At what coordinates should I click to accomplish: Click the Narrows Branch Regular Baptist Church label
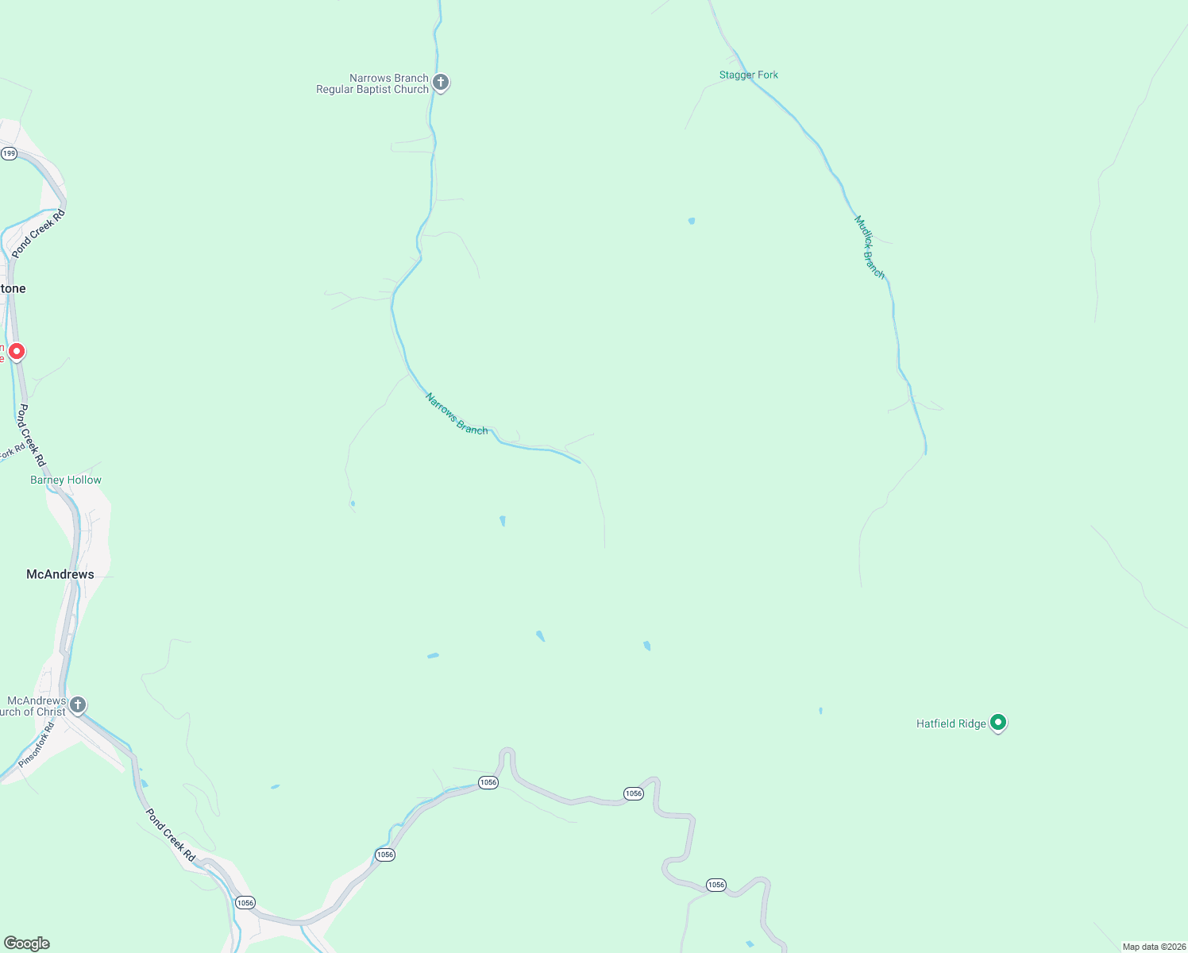(372, 83)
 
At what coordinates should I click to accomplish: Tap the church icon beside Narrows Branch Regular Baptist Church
(441, 82)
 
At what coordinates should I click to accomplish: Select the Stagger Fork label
(749, 75)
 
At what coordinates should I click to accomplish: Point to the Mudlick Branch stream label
(869, 247)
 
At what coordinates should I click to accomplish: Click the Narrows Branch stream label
(457, 414)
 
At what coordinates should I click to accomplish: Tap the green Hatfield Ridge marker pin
(999, 723)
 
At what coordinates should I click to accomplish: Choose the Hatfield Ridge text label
(951, 723)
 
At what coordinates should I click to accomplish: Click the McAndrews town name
(60, 574)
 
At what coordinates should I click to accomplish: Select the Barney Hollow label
(66, 480)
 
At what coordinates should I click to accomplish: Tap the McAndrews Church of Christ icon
(77, 704)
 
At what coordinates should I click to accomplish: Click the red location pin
(16, 351)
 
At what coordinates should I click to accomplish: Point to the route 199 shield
(9, 153)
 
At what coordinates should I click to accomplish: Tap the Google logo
(27, 943)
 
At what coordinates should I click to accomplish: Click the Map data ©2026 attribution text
(1154, 947)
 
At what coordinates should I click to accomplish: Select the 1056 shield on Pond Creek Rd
(245, 902)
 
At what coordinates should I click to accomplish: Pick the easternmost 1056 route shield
(715, 885)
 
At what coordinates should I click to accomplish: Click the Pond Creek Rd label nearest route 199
(38, 233)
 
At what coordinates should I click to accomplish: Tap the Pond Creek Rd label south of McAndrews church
(171, 835)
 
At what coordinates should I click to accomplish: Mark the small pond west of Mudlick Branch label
(692, 221)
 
